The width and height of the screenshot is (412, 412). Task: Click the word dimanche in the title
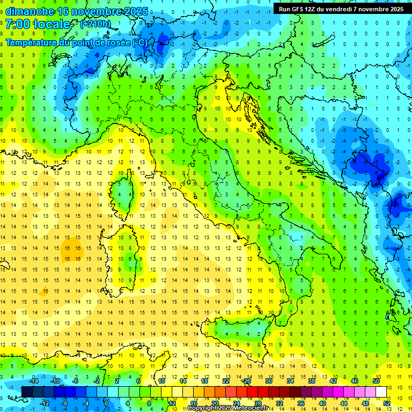coord(29,11)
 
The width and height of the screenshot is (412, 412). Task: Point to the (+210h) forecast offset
coord(96,24)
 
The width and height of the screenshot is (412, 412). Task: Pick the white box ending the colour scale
coord(381,392)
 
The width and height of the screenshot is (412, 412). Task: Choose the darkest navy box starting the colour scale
coord(27,392)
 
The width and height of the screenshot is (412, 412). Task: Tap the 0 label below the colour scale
coord(106,403)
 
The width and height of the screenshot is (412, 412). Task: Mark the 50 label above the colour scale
coord(376,381)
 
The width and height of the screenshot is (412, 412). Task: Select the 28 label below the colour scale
coord(257,403)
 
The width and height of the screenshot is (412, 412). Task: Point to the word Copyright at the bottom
coord(203,408)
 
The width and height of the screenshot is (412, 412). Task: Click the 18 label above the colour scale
coord(204,381)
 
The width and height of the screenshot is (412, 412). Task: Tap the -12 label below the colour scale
coord(45,403)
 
